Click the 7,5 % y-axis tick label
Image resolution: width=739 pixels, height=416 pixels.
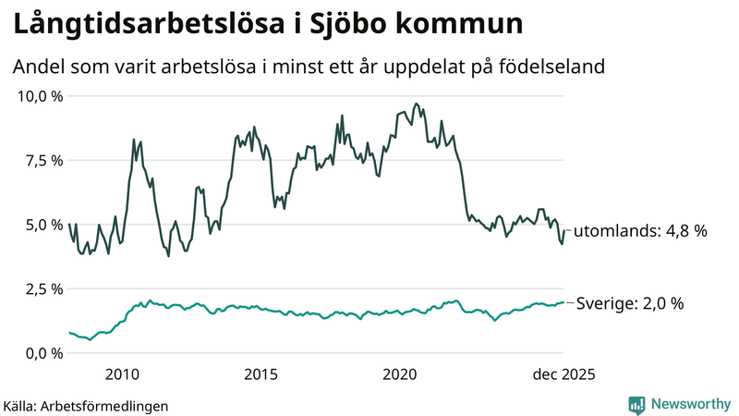coord(44,161)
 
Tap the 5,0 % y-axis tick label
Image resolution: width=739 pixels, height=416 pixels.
coord(44,225)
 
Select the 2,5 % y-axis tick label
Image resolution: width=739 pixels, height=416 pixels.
coord(44,289)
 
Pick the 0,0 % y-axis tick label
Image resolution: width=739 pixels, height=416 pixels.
coord(44,353)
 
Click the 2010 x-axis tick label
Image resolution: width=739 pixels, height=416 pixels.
coord(123,374)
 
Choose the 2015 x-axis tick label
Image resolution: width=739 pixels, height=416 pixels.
coord(261,374)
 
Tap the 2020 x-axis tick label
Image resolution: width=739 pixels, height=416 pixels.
coord(400,374)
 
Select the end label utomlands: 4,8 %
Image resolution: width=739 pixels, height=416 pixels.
coord(640,231)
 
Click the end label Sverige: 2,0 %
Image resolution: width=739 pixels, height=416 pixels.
coord(630,303)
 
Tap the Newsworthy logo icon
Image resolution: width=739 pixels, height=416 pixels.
coord(637,404)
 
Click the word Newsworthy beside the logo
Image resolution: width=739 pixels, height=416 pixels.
coord(690,404)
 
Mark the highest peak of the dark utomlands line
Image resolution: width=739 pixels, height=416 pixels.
coord(417,104)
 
